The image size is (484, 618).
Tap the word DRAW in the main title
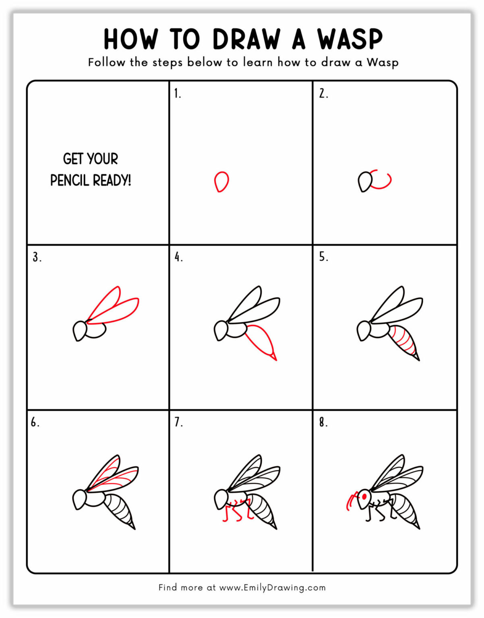(246, 39)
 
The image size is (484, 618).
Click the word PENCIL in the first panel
(69, 180)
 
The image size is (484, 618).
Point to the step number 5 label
(323, 257)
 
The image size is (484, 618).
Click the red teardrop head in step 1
(221, 181)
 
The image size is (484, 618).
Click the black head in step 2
(365, 182)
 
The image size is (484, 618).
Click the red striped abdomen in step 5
(403, 340)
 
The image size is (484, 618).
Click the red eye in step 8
(364, 496)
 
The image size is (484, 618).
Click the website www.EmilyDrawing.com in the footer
(272, 587)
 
